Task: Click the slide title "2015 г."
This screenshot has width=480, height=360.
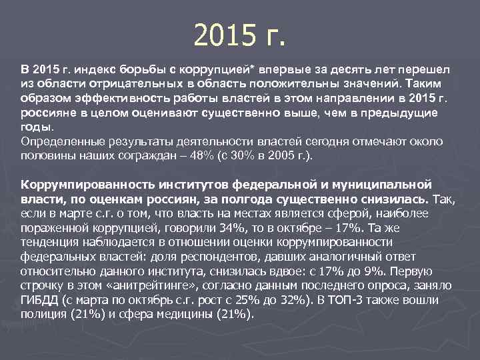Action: point(239,35)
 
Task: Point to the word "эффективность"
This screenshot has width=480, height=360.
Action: point(112,99)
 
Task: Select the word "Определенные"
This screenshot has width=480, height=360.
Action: point(61,141)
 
